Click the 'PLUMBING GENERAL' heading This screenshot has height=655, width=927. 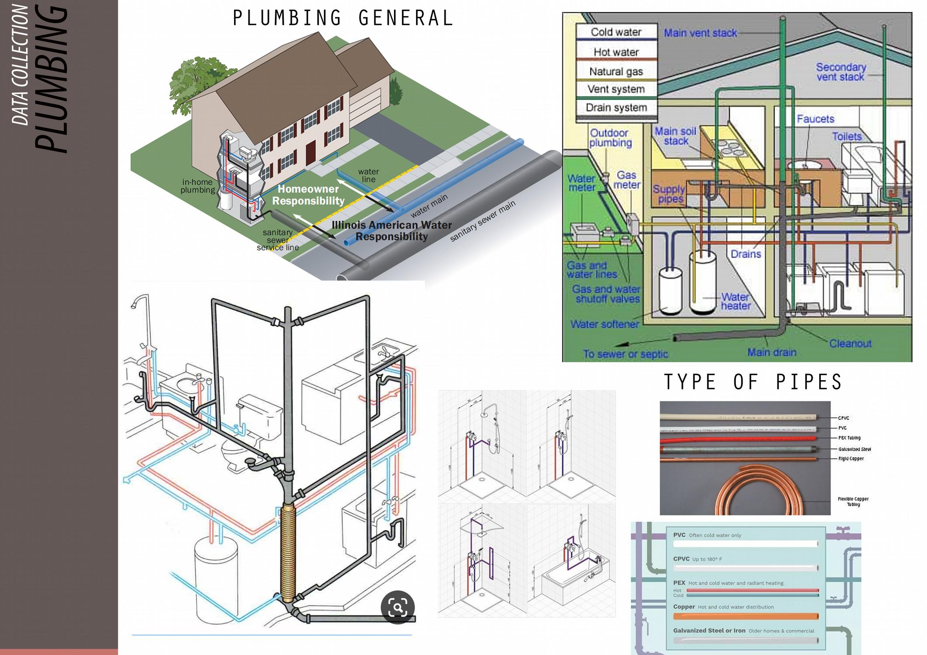click(343, 18)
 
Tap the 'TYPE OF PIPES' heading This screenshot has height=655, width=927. click(753, 382)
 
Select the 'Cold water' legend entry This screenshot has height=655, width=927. click(616, 32)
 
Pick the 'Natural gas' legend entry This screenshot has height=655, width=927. click(616, 71)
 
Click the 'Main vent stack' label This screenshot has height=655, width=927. click(701, 33)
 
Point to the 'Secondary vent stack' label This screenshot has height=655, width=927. click(840, 72)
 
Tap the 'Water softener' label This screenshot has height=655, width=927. click(604, 324)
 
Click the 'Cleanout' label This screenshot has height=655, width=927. click(850, 343)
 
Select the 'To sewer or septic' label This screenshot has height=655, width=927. click(625, 354)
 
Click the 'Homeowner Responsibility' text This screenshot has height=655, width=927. click(308, 195)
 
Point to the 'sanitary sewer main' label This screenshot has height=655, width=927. click(483, 221)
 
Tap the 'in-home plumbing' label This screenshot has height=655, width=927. click(198, 186)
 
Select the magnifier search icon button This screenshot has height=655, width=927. click(398, 607)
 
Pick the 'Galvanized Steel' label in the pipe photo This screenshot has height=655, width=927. click(854, 449)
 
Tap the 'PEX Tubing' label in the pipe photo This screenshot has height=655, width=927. click(849, 438)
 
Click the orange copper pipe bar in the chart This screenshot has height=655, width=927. click(745, 616)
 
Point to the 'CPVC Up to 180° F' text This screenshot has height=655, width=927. click(697, 559)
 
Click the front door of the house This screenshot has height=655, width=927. click(311, 153)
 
